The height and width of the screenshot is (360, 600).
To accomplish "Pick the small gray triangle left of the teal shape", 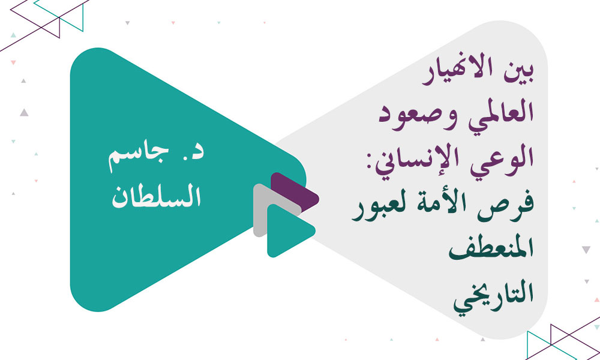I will coord(23,112).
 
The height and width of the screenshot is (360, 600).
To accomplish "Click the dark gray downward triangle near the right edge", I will coord(586,250).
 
